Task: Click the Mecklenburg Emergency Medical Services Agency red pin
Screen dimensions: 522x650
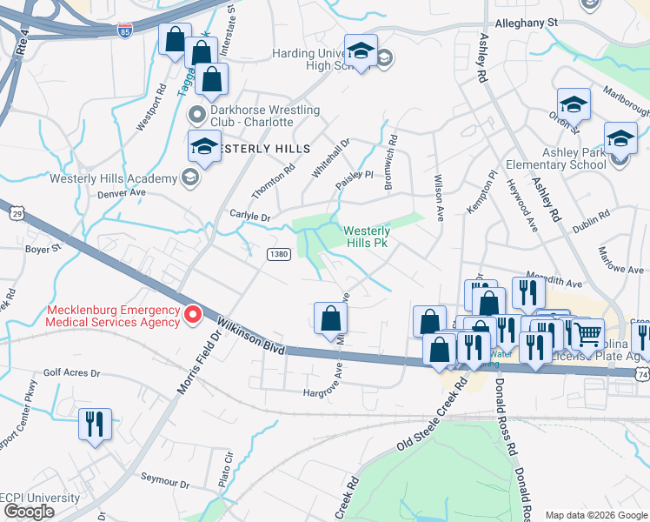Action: pyautogui.click(x=194, y=313)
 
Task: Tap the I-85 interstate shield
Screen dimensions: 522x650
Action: pyautogui.click(x=126, y=30)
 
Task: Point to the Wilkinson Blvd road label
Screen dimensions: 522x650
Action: pyautogui.click(x=252, y=335)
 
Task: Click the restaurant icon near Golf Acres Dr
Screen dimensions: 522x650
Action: pyautogui.click(x=94, y=425)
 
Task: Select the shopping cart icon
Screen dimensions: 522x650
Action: pyautogui.click(x=588, y=332)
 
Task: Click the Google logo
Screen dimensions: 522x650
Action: pyautogui.click(x=29, y=512)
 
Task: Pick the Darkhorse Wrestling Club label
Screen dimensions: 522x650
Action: pyautogui.click(x=256, y=117)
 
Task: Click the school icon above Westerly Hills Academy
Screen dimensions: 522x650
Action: pyautogui.click(x=205, y=146)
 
